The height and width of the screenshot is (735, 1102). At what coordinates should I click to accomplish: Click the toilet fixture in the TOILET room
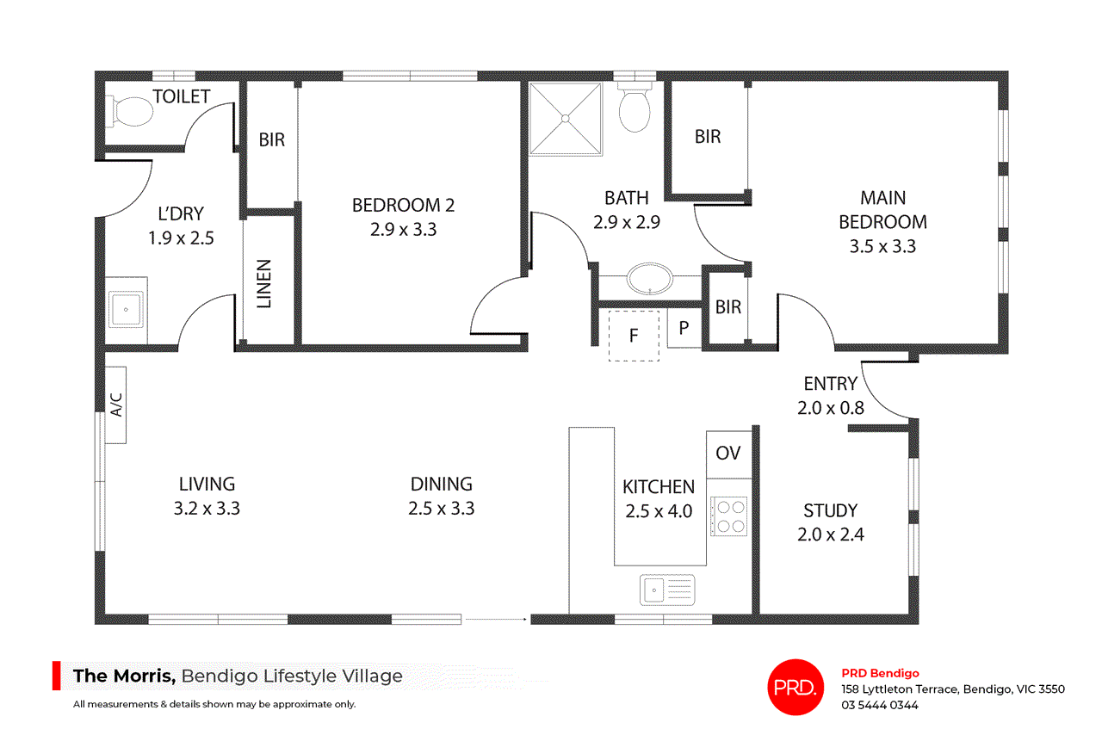[130, 112]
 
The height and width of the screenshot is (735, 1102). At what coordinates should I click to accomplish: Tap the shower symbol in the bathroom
[566, 119]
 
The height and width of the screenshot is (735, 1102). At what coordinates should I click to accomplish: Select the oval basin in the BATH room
[650, 279]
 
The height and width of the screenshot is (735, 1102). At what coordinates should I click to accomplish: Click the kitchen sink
[667, 590]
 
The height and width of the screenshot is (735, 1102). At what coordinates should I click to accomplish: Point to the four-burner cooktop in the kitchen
[728, 516]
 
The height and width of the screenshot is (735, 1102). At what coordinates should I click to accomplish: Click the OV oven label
[727, 453]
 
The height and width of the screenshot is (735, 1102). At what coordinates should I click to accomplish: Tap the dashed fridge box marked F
[634, 336]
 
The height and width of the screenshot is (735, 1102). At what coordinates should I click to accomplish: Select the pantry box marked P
[684, 328]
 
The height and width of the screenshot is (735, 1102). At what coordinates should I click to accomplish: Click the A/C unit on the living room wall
[116, 405]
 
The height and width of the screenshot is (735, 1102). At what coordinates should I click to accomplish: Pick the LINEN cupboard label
[264, 284]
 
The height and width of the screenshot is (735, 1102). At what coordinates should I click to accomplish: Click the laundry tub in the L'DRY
[127, 310]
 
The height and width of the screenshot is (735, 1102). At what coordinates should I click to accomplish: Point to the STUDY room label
[831, 510]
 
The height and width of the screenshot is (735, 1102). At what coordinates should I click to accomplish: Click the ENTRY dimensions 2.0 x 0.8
[831, 408]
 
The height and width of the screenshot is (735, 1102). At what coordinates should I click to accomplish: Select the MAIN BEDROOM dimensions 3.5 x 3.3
[882, 246]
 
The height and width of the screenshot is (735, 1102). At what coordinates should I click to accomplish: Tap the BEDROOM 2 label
[403, 205]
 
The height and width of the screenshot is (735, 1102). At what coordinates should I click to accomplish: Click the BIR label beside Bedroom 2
[271, 139]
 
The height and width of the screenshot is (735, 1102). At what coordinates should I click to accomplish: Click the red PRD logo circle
[796, 687]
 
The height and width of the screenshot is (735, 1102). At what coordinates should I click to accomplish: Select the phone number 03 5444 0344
[880, 705]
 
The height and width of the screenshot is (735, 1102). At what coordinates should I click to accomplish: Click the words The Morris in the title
[124, 676]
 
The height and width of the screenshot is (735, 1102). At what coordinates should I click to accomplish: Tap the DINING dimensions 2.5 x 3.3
[442, 508]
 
